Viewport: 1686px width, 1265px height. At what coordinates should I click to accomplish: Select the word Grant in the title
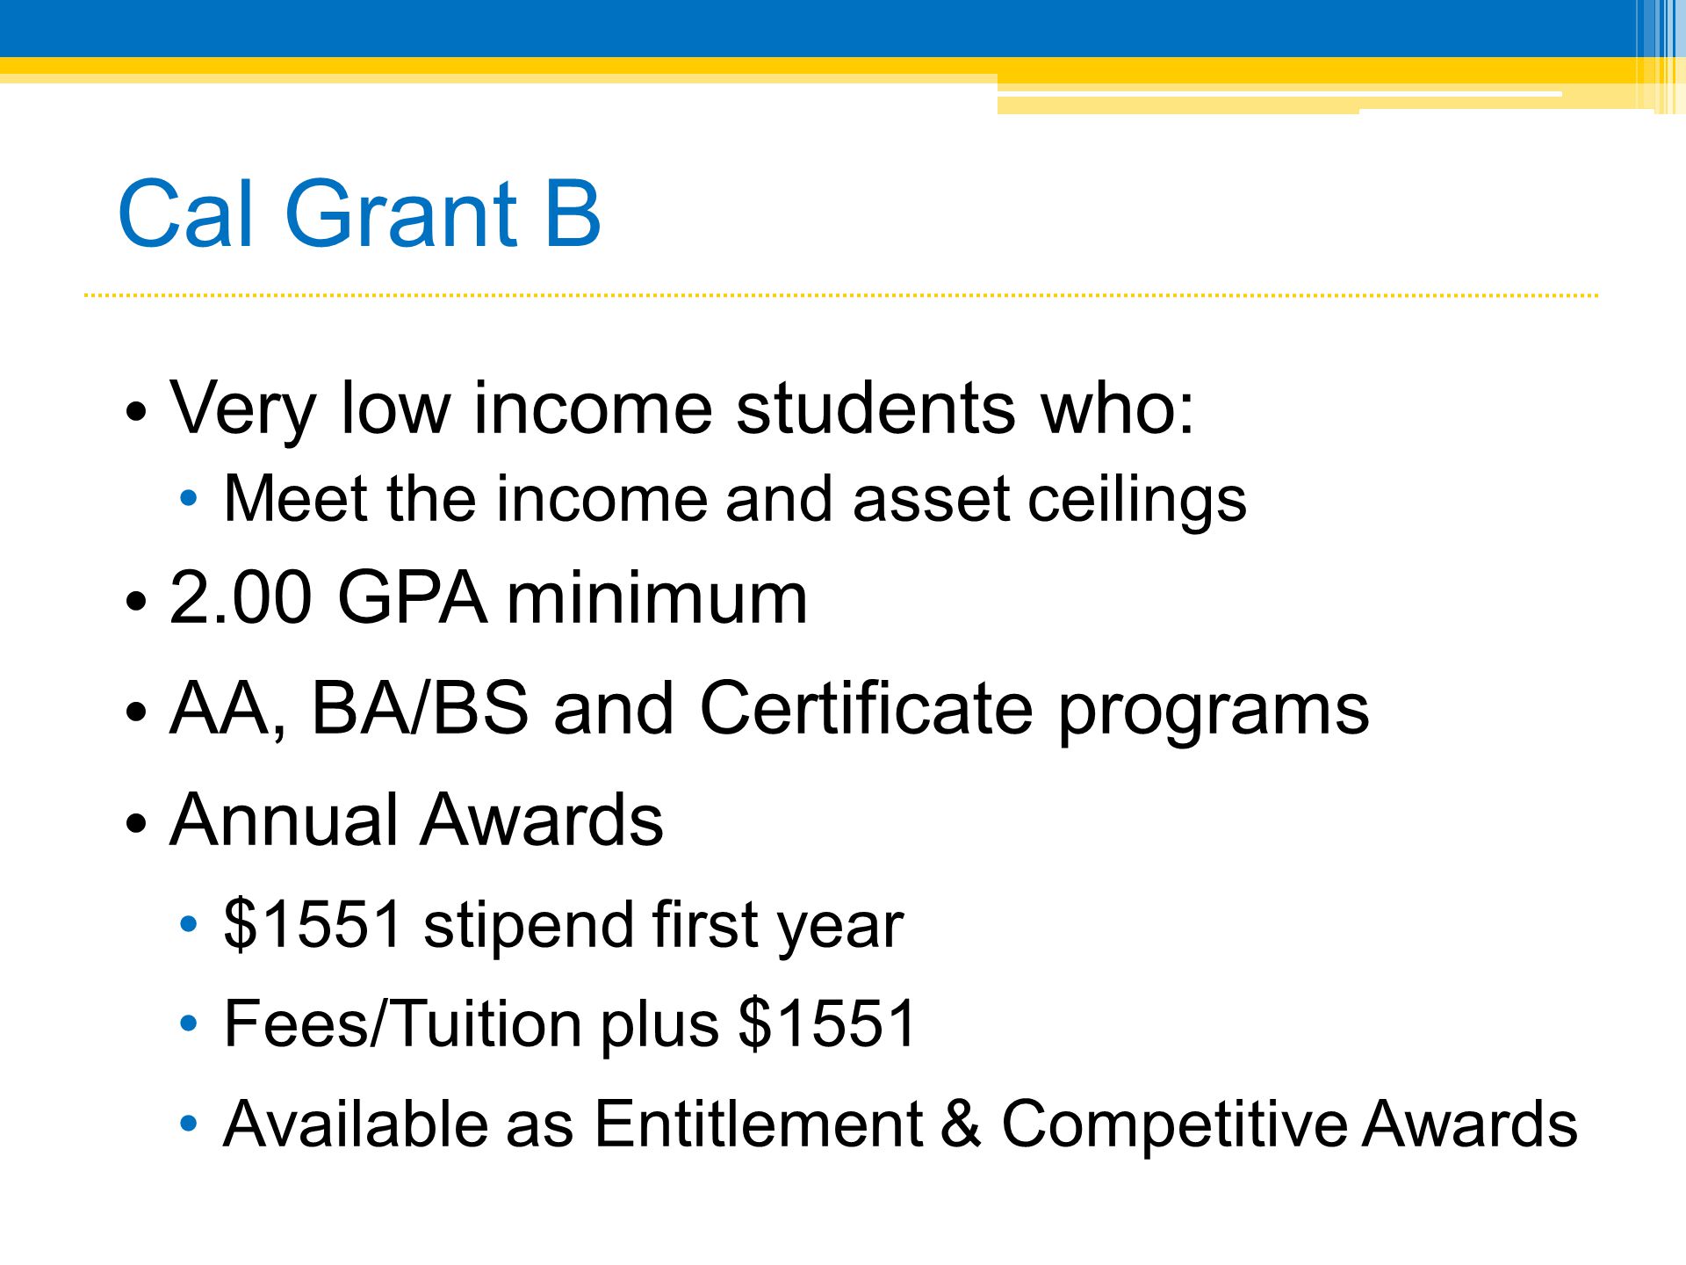point(401,213)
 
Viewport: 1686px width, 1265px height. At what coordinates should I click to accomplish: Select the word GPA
point(412,597)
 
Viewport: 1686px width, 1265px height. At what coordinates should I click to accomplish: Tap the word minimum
point(657,597)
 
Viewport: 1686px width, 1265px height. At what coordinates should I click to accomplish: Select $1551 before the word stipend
point(313,924)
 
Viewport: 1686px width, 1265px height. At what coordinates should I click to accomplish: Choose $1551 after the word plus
point(827,1023)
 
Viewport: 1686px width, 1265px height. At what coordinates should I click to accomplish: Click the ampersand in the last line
point(961,1124)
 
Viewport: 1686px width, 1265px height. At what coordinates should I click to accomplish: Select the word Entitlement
point(758,1124)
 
